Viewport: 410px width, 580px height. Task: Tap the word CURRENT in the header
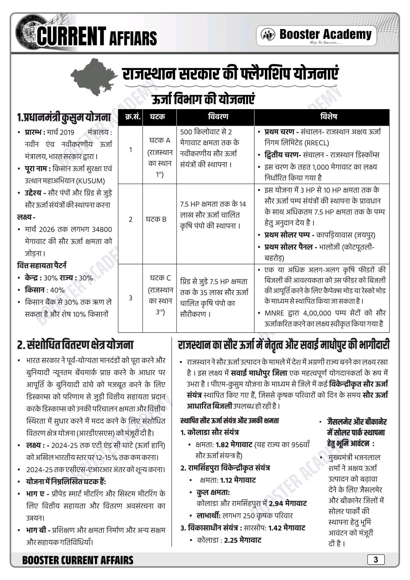(x=71, y=36)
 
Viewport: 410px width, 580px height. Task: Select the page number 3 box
(x=375, y=560)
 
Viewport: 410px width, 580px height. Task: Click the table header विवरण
(x=215, y=117)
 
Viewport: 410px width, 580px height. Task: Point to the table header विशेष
(x=322, y=117)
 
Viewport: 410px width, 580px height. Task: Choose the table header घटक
(x=159, y=117)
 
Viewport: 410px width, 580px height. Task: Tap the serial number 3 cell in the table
(x=130, y=298)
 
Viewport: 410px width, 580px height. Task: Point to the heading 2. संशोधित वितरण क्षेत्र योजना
(x=75, y=344)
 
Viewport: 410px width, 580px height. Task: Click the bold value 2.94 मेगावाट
(x=287, y=504)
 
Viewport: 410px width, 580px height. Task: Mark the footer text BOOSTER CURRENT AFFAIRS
(x=78, y=560)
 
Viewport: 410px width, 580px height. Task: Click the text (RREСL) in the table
(x=317, y=143)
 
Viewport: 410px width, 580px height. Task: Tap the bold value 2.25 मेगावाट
(x=242, y=540)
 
